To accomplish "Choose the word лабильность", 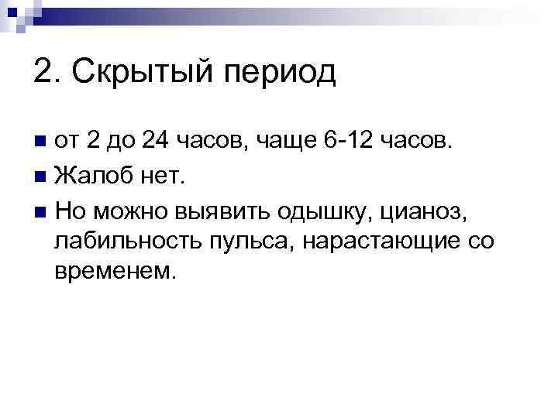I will pyautogui.click(x=126, y=242).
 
